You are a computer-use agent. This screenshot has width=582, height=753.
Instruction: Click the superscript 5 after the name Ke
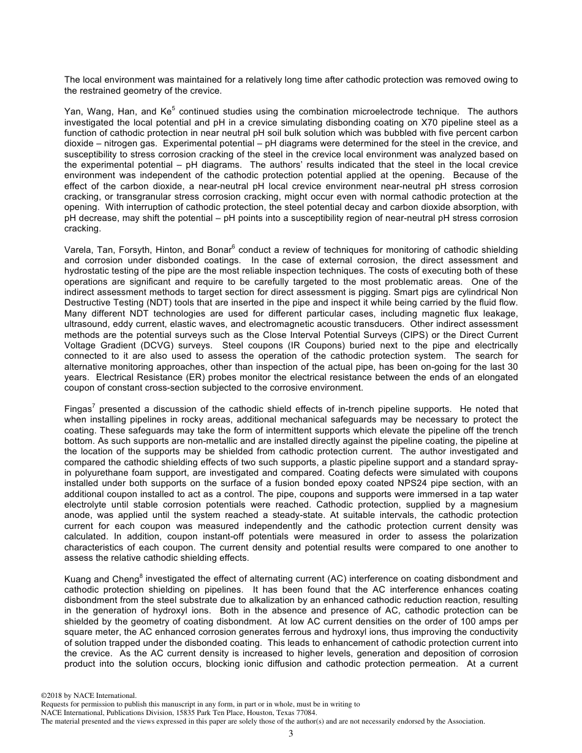pyautogui.click(x=157, y=109)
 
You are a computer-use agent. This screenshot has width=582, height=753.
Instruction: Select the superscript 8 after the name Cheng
pyautogui.click(x=142, y=575)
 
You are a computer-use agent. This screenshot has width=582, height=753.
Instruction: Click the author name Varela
pyautogui.click(x=78, y=250)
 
